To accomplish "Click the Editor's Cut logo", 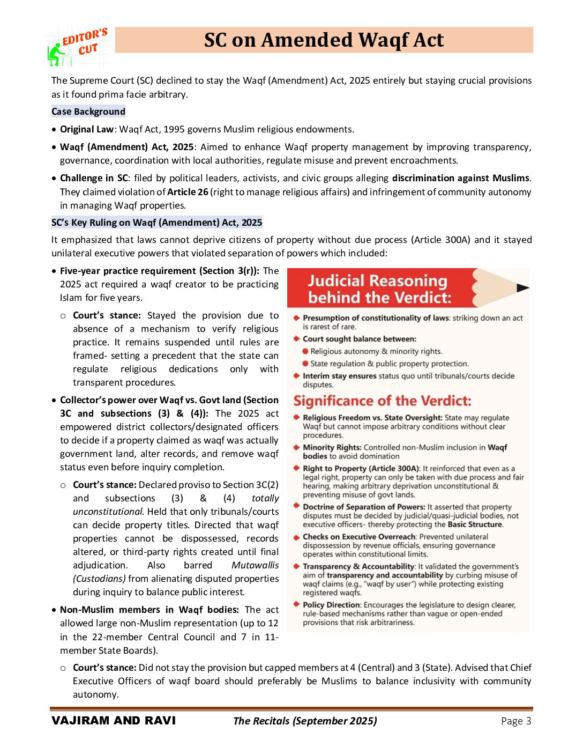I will coord(78,47).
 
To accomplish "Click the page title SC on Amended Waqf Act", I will coord(324,40).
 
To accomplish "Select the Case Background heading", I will coord(88,112).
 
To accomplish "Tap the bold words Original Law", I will coord(86,129).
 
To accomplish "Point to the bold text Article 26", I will coord(188,191).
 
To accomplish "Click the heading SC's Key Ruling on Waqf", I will coord(156,223).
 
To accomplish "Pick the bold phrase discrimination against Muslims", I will coord(460,178).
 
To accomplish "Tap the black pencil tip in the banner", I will coord(522,288).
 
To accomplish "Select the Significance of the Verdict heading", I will coord(382,401).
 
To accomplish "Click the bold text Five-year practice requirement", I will coord(128,271).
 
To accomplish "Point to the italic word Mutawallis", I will coord(255,565).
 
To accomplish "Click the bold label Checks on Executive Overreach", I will coord(359,537).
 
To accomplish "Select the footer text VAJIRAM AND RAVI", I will coord(114,721).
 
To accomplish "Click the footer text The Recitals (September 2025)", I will coord(305,721).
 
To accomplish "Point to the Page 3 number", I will coord(515,721).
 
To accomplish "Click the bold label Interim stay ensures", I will coord(339,376).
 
